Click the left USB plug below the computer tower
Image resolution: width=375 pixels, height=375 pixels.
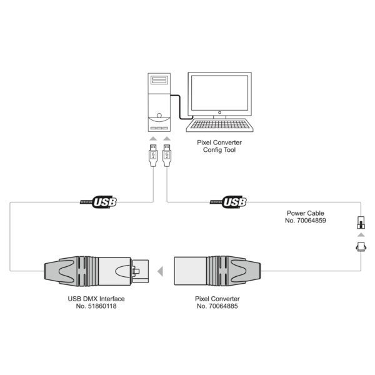pos(153,156)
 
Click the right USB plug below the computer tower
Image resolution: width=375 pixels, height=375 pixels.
pos(167,156)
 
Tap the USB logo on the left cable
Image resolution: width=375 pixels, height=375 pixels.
pos(98,202)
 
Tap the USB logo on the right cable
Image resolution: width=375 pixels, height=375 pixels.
pos(228,202)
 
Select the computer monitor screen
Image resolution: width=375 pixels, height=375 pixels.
pos(219,92)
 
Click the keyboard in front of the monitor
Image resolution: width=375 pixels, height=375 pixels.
pos(219,126)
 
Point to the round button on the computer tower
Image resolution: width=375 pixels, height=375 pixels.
pos(159,116)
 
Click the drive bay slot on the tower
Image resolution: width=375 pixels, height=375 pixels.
pos(159,80)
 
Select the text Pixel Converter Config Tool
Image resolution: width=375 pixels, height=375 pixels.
pos(219,146)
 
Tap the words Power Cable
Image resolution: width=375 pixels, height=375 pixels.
pos(306,213)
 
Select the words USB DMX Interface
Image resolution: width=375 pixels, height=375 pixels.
pos(96,299)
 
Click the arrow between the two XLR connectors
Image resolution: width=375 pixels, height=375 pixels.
pos(160,271)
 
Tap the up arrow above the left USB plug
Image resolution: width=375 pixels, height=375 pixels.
pos(153,139)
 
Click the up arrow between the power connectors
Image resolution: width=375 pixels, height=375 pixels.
pos(361,235)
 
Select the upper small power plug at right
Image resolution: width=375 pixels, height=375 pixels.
pos(361,222)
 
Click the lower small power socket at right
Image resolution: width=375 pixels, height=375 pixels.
pos(361,247)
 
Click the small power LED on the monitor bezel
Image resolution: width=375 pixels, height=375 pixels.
pos(219,112)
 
